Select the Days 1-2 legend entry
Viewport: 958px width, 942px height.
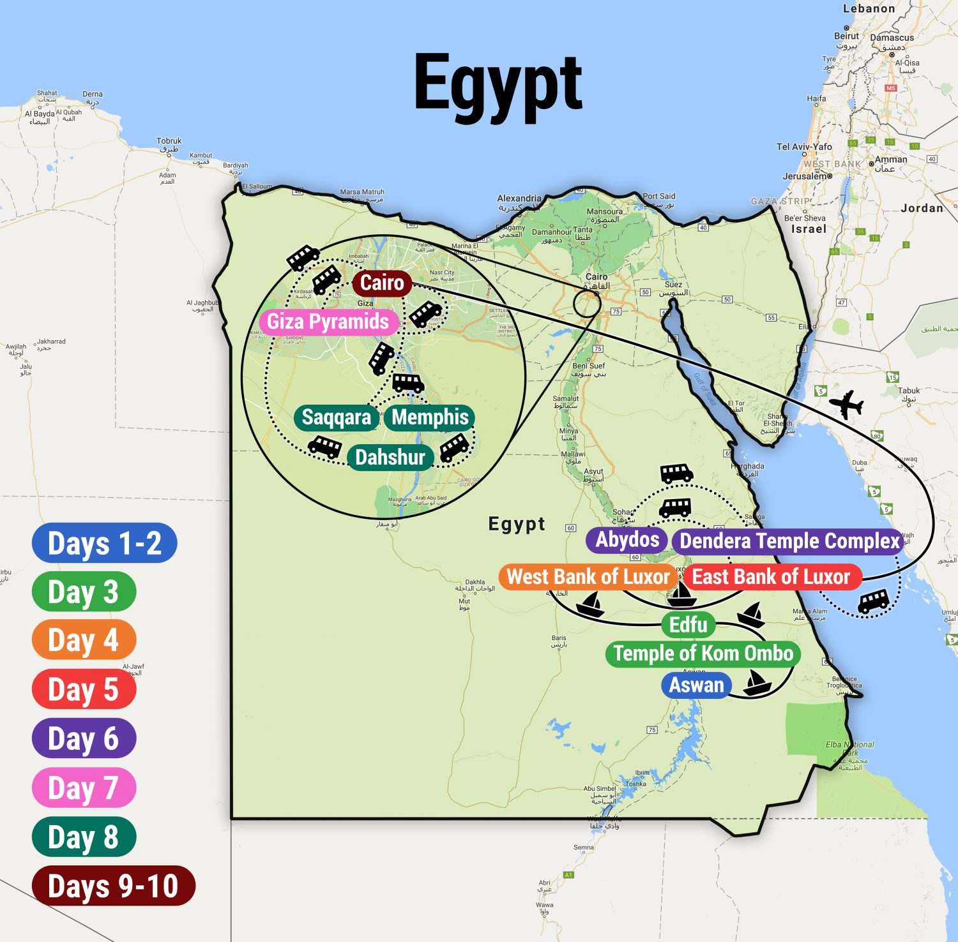[x=104, y=543]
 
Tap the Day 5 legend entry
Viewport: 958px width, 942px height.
[x=84, y=689]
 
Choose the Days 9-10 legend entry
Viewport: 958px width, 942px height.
[x=113, y=886]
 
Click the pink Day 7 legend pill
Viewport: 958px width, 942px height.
[x=84, y=788]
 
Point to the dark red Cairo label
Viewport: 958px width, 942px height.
[x=381, y=283]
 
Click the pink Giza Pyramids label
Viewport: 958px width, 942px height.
[x=328, y=322]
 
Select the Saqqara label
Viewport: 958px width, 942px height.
[x=336, y=417]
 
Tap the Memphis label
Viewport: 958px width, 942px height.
[x=430, y=417]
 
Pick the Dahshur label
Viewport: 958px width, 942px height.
[x=390, y=458]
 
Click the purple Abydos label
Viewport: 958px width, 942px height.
[x=627, y=540]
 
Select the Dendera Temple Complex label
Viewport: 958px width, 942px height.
[x=789, y=541]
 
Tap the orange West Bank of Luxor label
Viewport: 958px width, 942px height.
[x=588, y=577]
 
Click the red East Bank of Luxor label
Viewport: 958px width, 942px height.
[x=772, y=577]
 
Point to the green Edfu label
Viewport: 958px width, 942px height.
[x=688, y=624]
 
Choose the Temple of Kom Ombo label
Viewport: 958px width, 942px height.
[x=703, y=654]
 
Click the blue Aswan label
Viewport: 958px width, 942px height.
[x=696, y=685]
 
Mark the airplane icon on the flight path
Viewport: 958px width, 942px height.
[x=846, y=404]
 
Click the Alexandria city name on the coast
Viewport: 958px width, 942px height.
[x=519, y=198]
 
